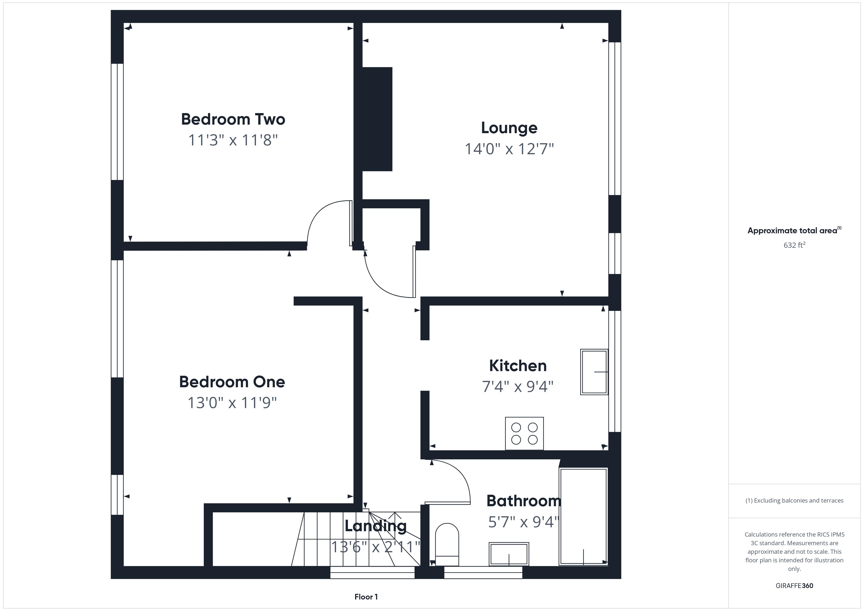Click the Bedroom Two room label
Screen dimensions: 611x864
(x=233, y=119)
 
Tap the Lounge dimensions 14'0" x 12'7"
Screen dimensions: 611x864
(x=509, y=149)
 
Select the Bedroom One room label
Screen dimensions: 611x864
(x=232, y=382)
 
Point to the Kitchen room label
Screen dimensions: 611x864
(x=517, y=366)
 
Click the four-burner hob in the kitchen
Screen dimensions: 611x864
(x=524, y=434)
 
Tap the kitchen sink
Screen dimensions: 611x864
(x=594, y=372)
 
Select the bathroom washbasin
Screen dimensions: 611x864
(x=509, y=554)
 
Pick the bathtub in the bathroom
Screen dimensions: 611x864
(x=583, y=517)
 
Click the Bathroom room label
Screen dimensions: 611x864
(x=523, y=501)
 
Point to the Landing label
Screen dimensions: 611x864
(x=376, y=526)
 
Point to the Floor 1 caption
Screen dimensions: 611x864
(x=366, y=597)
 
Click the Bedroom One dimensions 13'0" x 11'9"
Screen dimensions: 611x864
(x=232, y=403)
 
